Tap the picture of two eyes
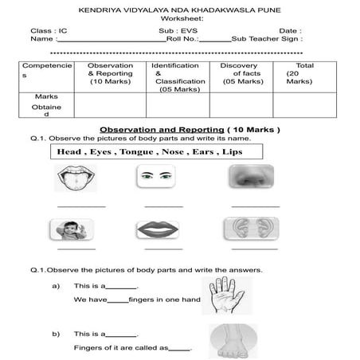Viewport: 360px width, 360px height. tap(155, 177)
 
